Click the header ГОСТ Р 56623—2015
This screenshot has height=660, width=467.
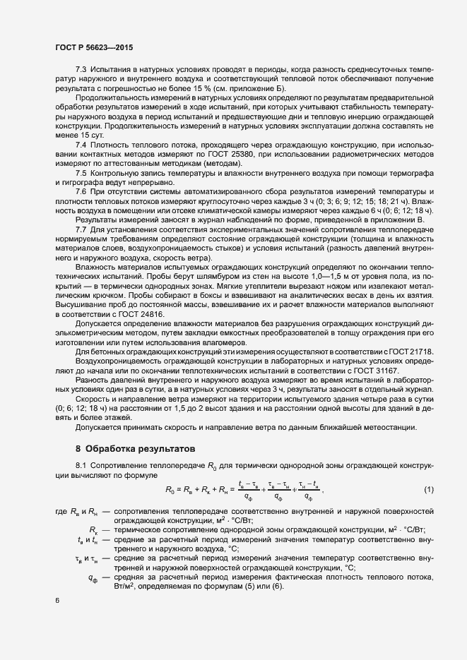click(94, 47)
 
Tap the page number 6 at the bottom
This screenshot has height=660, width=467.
click(57, 601)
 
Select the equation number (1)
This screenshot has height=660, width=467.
click(428, 490)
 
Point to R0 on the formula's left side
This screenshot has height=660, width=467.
click(170, 490)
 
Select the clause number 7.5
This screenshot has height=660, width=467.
click(81, 173)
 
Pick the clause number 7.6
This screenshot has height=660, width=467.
click(81, 192)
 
